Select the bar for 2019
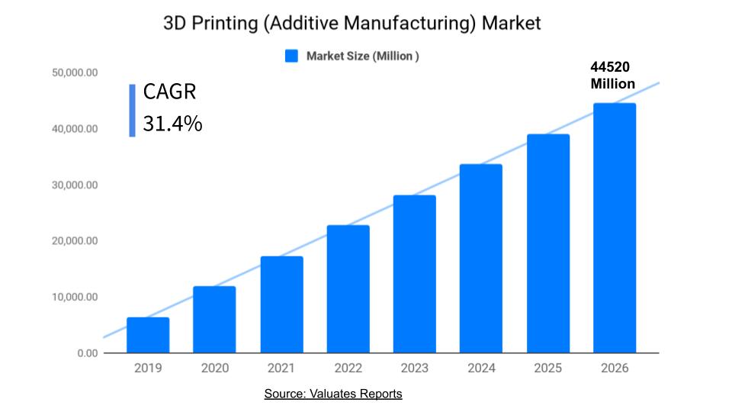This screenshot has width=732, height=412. pos(148,336)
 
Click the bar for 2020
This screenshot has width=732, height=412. pos(214,320)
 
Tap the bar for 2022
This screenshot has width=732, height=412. pos(348,289)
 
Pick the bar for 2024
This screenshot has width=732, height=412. pos(481,259)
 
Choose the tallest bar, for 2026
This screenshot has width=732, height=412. pos(615,228)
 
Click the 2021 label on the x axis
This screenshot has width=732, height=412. pos(281,369)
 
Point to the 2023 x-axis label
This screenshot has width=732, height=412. pos(414,369)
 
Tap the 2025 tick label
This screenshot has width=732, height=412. pos(547,369)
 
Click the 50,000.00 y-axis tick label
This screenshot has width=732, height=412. pos(75,73)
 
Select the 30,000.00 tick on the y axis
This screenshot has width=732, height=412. pos(75,185)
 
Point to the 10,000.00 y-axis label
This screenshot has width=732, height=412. pos(75,297)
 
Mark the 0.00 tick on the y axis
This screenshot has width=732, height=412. pos(87,353)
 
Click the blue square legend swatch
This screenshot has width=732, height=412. pos(291,56)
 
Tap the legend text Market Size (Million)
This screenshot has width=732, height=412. pos(362,56)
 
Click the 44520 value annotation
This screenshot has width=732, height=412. pos(610,68)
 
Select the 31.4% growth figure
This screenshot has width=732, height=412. pos(172,123)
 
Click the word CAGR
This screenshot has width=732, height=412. pos(169,92)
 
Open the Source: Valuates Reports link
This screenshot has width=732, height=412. pos(333,394)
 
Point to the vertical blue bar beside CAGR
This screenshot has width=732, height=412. pos(132,110)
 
